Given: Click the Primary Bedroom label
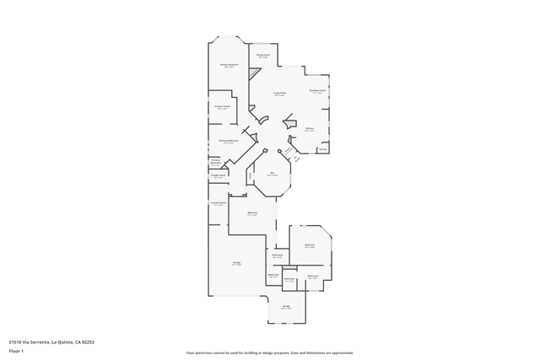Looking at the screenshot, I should pos(229,65).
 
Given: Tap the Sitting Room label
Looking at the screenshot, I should pos(263,56).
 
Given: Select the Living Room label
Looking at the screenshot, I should pos(279,94).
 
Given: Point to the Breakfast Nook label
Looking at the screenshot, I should pos(317,91).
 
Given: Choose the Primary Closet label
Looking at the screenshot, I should pos(222,107).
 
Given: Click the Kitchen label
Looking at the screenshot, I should pos(310,129).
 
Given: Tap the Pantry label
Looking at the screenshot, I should pos(322,149).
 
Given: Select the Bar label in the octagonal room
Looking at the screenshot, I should pos(273,174).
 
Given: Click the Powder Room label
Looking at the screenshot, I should pos(218,176).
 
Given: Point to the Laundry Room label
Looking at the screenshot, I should pos(218,203).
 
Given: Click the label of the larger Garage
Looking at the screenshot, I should pos(237,263).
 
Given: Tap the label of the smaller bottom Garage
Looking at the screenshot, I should pos(286,307).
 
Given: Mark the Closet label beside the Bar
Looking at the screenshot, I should pos(250,175).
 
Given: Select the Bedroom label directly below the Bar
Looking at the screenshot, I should pos(252,213).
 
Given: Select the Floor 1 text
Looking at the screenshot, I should pos(16,351).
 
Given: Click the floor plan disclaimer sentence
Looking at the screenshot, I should pos(270,352).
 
